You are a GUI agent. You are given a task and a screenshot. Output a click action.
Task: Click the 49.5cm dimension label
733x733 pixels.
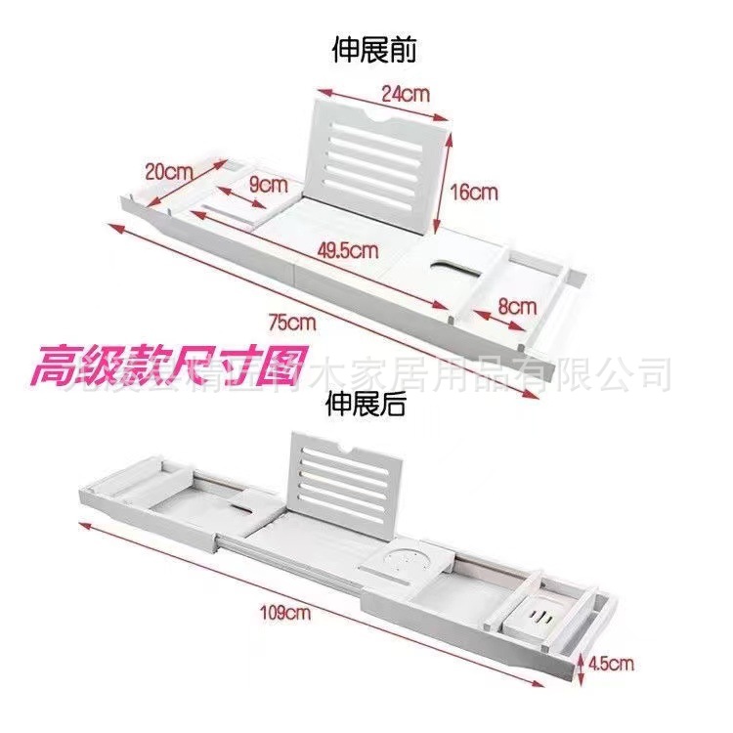click(x=348, y=251)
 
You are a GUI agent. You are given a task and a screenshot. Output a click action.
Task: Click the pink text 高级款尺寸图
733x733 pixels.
click(x=168, y=367)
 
